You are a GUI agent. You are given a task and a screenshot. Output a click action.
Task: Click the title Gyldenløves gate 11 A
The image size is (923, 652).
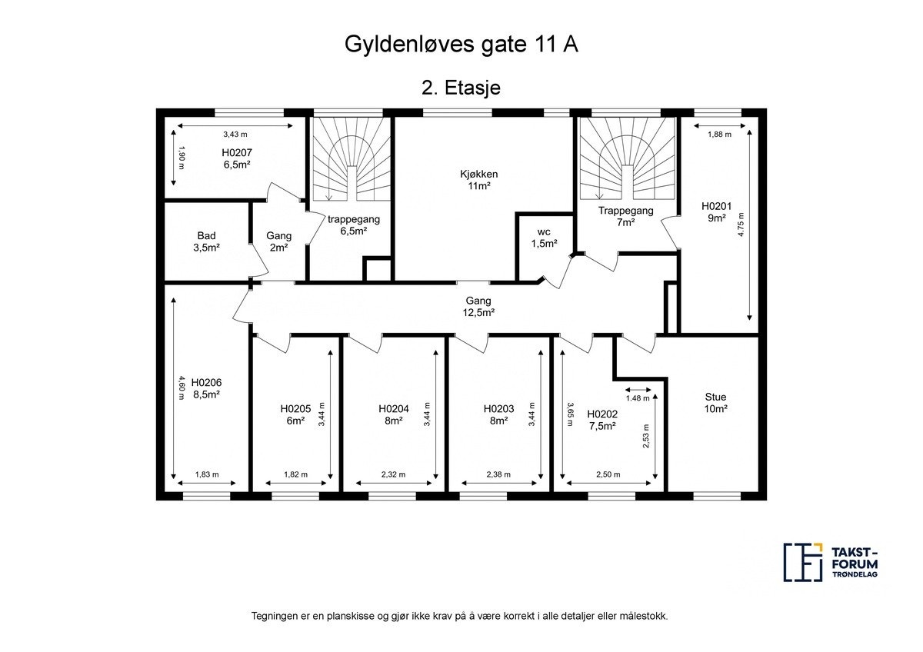click(461, 44)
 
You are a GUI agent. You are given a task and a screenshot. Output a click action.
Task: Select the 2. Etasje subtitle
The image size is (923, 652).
click(461, 88)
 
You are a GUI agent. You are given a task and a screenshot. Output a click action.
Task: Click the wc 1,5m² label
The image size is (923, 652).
click(543, 238)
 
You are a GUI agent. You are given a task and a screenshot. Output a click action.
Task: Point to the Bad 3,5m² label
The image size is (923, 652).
click(206, 241)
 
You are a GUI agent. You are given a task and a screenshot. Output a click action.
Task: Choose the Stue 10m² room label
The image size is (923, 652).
click(715, 403)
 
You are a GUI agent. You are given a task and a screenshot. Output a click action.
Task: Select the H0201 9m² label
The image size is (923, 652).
click(716, 211)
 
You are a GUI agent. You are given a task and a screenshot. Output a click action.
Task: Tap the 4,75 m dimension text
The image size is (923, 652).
click(741, 227)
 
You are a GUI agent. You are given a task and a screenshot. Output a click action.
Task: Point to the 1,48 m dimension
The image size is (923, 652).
click(638, 398)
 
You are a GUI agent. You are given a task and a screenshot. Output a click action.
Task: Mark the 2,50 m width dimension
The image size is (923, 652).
click(608, 474)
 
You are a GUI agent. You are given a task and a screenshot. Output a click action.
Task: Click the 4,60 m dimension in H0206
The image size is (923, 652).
click(182, 388)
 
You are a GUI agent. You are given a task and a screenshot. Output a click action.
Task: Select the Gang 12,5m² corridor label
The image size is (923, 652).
click(478, 306)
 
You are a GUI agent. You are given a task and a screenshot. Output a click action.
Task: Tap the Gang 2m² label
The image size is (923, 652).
click(278, 241)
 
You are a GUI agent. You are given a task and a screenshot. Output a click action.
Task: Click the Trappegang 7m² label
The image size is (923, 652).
click(626, 216)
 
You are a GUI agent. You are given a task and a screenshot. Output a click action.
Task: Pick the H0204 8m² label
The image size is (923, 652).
click(393, 414)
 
